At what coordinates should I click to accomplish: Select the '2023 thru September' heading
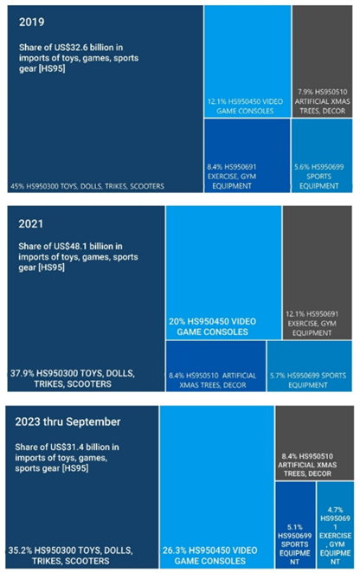67,422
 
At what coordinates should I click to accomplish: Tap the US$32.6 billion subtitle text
78,57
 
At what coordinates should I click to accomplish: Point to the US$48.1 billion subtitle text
78,257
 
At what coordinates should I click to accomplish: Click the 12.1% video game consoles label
247,105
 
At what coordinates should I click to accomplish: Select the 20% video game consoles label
213,326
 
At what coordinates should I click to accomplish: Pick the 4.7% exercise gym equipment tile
334,535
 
